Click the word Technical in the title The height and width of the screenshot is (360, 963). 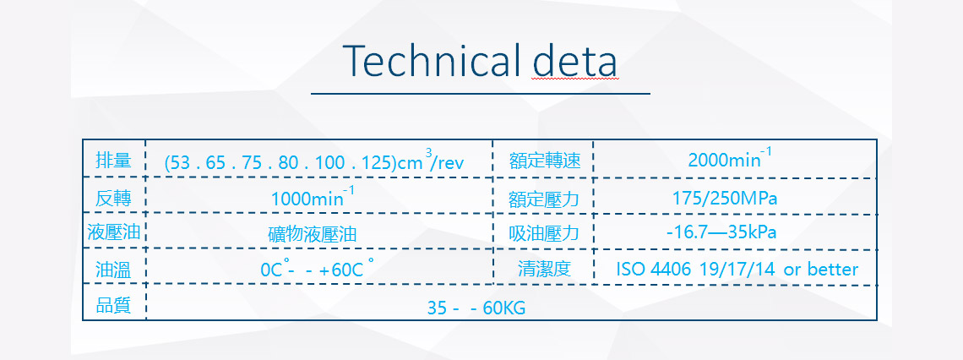[x=433, y=60]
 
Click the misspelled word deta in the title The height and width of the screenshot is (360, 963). [x=575, y=60]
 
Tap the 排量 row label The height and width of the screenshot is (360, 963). [x=114, y=161]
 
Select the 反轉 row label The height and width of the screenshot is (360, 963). [x=114, y=199]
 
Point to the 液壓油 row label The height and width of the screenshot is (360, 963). [x=114, y=233]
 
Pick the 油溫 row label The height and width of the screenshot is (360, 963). [x=114, y=270]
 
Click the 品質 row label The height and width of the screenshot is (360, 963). [x=114, y=305]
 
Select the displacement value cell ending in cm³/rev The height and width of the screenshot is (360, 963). [x=314, y=161]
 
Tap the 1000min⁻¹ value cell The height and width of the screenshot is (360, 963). [x=313, y=197]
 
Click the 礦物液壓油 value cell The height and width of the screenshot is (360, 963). [x=313, y=235]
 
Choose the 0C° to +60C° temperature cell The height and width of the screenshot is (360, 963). [x=317, y=269]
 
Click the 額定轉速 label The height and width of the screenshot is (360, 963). [x=545, y=161]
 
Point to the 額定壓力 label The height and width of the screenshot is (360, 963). [x=544, y=199]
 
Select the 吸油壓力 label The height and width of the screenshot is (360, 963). [x=544, y=234]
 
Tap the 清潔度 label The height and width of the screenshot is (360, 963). [x=545, y=269]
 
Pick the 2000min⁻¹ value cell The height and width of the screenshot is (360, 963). [x=730, y=159]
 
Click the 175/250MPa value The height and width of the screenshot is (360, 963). [x=725, y=199]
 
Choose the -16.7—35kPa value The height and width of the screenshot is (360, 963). [x=721, y=233]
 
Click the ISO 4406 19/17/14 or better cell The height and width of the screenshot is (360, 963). [x=737, y=269]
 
